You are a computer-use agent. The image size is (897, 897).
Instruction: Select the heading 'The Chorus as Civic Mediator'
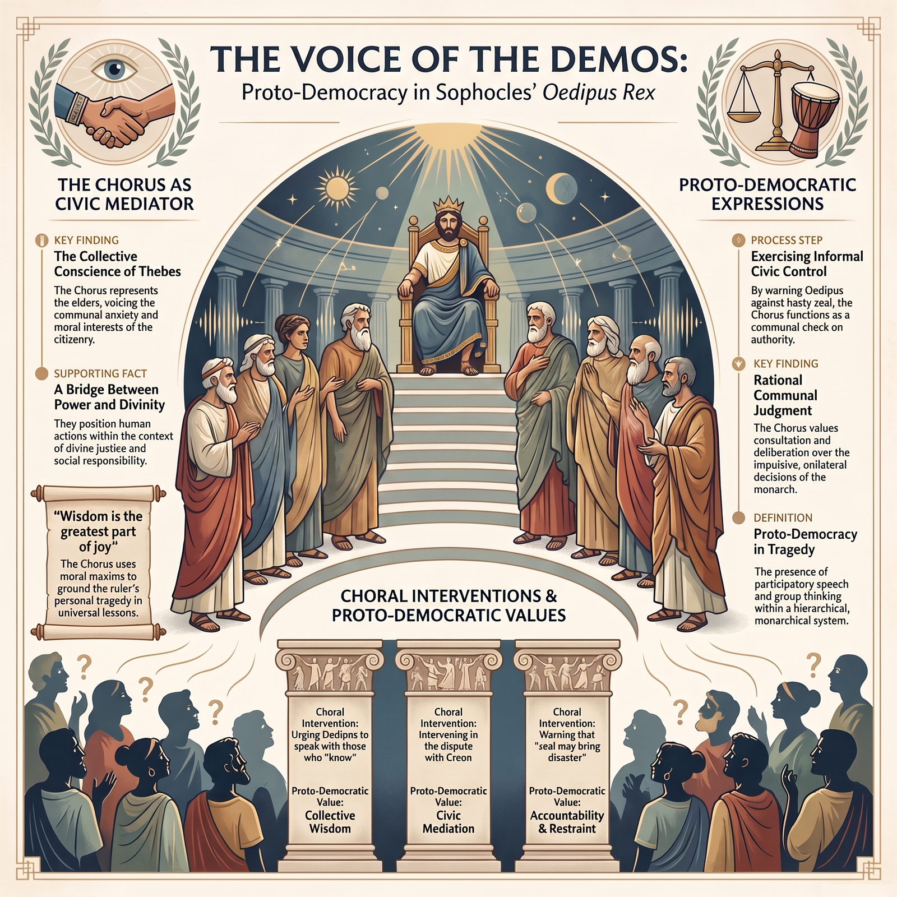[124, 194]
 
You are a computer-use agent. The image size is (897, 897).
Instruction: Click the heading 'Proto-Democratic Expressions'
[767, 194]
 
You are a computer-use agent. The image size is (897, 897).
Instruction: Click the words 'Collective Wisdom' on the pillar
[330, 822]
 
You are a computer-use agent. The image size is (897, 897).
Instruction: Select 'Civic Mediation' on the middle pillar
[448, 822]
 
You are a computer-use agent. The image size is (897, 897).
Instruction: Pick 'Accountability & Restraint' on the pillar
[567, 822]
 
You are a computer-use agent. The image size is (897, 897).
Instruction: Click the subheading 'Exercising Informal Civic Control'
[807, 264]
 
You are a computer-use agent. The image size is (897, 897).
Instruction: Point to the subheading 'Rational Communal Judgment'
[785, 395]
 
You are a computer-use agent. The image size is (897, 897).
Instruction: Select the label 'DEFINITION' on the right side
[783, 517]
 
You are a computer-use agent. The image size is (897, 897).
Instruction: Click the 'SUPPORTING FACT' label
[100, 373]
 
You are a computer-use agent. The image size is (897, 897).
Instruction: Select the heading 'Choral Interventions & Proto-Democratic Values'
[449, 605]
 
